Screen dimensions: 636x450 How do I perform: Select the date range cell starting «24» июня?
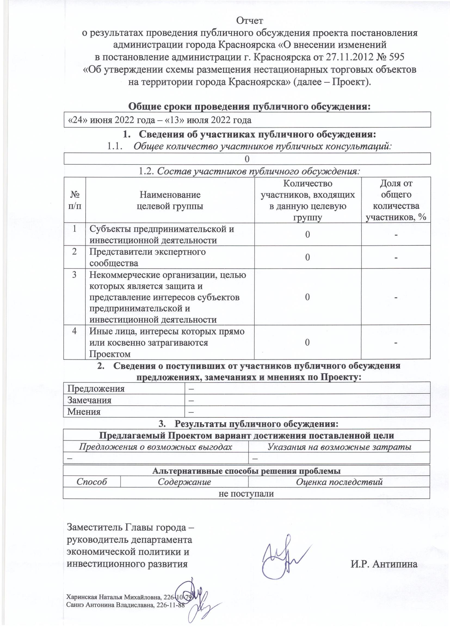(160, 120)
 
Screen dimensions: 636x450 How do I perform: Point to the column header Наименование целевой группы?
(170, 200)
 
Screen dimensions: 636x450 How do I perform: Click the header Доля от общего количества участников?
(396, 200)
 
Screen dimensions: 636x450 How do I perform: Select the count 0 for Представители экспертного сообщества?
(308, 257)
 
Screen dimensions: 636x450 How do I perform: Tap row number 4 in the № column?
(75, 331)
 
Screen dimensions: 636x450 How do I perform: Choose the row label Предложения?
(96, 388)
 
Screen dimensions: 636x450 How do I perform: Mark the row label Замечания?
(90, 400)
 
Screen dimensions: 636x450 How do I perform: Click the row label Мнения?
(84, 412)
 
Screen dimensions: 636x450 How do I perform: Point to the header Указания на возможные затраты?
(339, 447)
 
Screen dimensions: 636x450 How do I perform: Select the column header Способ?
(92, 482)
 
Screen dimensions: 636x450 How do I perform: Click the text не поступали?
(246, 493)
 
